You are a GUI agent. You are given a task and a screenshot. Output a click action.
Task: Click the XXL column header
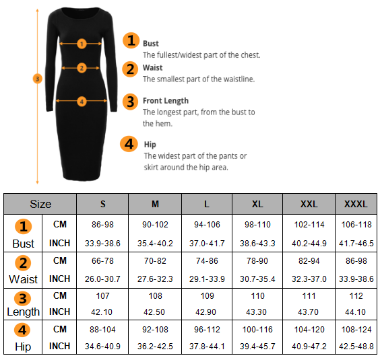(x=309, y=204)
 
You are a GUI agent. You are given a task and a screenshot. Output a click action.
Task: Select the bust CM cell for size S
(x=102, y=225)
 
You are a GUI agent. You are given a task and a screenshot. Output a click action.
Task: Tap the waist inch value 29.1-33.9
(x=207, y=279)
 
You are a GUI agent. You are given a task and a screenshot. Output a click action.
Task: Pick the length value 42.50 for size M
(x=154, y=312)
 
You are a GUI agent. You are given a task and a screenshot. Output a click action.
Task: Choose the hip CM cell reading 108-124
(x=356, y=330)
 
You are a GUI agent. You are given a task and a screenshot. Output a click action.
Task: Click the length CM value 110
(x=257, y=296)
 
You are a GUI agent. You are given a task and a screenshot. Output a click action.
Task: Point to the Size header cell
(x=40, y=204)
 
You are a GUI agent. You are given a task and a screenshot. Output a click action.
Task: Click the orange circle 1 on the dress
(x=82, y=44)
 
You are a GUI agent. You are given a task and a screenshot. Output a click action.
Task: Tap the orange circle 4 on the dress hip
(x=82, y=102)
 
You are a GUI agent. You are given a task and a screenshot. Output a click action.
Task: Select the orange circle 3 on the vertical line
(x=37, y=79)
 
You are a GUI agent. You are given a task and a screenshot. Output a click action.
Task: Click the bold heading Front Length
(x=166, y=101)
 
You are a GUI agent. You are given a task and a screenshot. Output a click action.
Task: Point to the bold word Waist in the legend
(x=153, y=67)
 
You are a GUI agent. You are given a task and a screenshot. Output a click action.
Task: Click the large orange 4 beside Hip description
(x=129, y=144)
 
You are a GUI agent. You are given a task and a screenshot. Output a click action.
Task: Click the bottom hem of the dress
(x=82, y=179)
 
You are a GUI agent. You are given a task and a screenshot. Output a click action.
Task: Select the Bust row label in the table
(x=24, y=244)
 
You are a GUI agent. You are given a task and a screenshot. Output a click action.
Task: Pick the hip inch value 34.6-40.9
(x=102, y=346)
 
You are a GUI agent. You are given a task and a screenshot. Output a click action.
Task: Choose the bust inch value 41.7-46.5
(x=356, y=243)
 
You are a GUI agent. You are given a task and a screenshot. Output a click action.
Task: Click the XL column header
(x=257, y=204)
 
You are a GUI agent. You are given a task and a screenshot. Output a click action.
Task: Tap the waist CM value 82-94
(x=309, y=260)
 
